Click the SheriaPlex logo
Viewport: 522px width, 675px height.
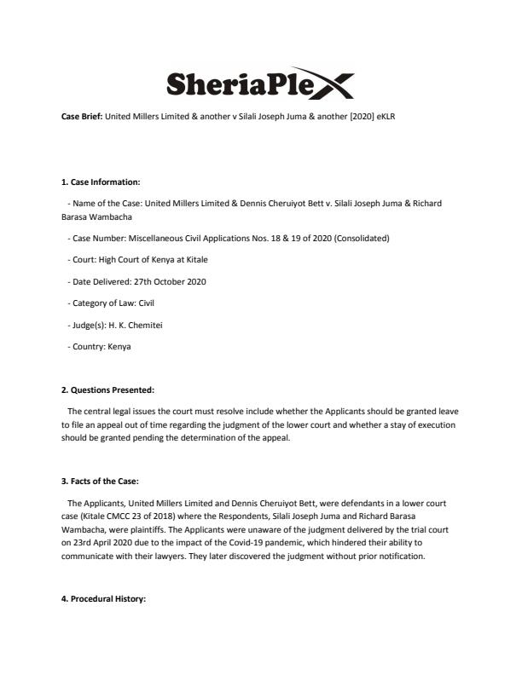pos(260,84)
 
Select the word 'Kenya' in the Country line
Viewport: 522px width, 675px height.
pos(119,347)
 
